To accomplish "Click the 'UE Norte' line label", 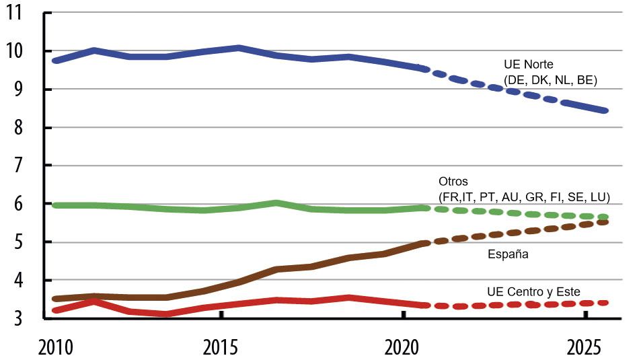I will (529, 65).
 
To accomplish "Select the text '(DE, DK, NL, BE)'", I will (550, 80).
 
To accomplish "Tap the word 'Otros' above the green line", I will (453, 182).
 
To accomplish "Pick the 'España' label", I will (508, 254).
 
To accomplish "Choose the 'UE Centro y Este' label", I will (533, 291).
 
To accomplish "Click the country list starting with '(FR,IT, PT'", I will (523, 197).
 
